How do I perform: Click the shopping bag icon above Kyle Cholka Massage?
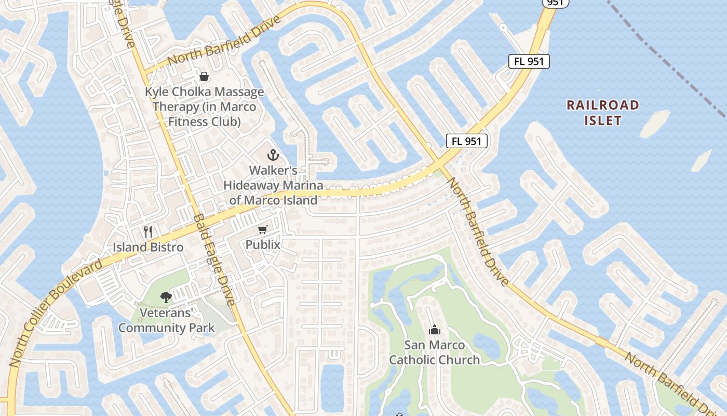pyautogui.click(x=204, y=76)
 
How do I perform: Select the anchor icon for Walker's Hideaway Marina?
pyautogui.click(x=273, y=155)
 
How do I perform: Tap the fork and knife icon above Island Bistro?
pyautogui.click(x=148, y=231)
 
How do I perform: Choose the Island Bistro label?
pyautogui.click(x=148, y=247)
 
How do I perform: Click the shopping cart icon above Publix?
pyautogui.click(x=263, y=229)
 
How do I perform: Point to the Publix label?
pyautogui.click(x=263, y=244)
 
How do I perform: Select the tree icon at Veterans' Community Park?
pyautogui.click(x=166, y=297)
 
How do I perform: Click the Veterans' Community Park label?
pyautogui.click(x=166, y=320)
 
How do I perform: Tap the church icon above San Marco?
pyautogui.click(x=434, y=330)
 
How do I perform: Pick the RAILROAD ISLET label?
pyautogui.click(x=602, y=113)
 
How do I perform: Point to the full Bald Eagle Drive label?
pyautogui.click(x=214, y=259)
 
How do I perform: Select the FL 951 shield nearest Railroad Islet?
pyautogui.click(x=529, y=61)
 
